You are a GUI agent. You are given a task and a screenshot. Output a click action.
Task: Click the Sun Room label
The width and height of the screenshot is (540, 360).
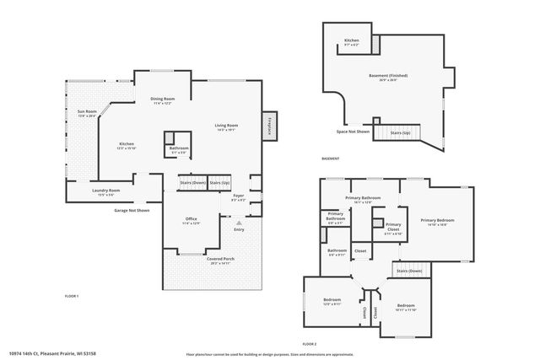(86, 112)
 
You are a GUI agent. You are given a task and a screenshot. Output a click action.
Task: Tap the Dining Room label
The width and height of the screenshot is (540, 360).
(162, 100)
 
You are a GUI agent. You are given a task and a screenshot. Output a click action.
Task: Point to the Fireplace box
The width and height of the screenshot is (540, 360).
(271, 126)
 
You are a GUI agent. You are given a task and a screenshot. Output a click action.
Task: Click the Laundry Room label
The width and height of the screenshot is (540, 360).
(106, 192)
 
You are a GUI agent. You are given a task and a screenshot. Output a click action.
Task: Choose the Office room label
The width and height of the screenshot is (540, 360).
(191, 221)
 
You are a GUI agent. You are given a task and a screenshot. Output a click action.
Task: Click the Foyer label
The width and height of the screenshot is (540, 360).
(238, 198)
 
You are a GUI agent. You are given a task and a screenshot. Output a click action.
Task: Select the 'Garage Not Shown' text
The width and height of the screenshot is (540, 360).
(132, 210)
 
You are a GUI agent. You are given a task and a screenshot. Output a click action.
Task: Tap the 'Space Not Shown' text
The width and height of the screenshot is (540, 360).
(353, 132)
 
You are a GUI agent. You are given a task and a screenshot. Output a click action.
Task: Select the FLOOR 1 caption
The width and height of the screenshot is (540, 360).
(72, 296)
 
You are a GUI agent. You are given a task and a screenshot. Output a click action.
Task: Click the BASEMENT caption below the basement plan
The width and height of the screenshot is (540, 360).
(331, 159)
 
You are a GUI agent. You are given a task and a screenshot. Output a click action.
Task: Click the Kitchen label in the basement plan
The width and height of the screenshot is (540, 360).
(353, 42)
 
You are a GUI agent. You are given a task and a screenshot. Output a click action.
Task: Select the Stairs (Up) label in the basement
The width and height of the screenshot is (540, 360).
(400, 132)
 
